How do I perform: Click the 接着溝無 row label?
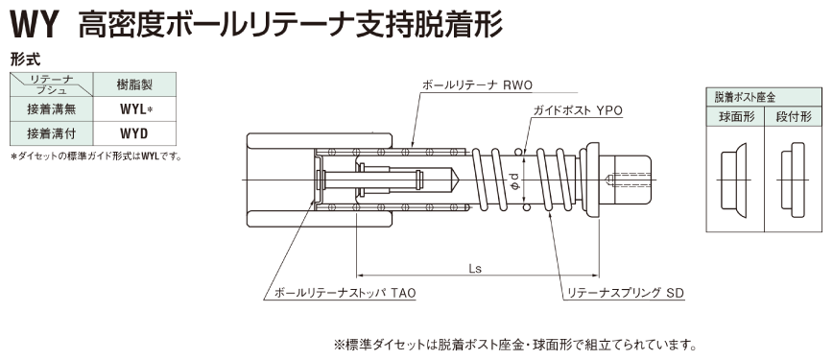[51, 109]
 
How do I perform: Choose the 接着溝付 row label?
[51, 133]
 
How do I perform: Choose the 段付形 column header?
[793, 116]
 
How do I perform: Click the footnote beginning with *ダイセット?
[95, 156]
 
